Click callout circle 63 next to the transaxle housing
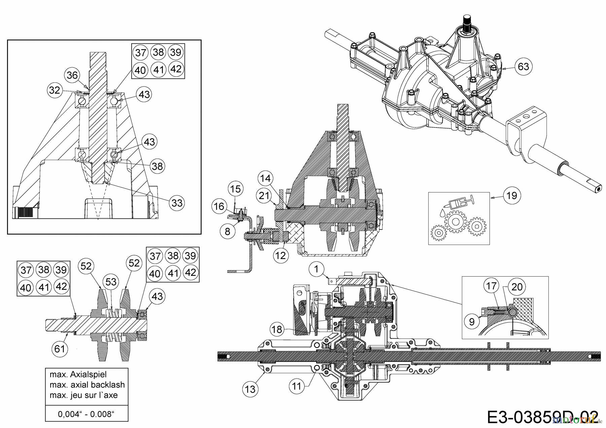523,67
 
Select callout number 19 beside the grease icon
511,195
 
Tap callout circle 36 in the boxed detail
72,75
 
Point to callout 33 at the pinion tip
177,203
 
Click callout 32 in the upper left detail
55,90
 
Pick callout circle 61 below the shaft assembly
60,349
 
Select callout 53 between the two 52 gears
111,282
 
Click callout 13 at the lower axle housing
250,389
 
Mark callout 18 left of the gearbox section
277,329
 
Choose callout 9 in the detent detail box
472,322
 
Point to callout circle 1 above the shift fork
316,269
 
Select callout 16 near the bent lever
219,206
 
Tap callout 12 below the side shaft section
280,255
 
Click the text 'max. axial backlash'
87,385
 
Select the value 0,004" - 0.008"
87,414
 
